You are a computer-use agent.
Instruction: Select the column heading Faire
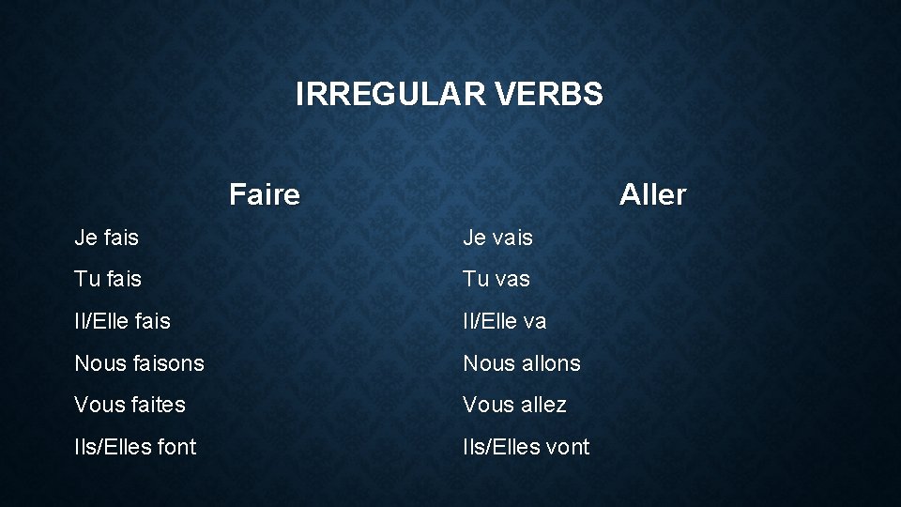(x=265, y=195)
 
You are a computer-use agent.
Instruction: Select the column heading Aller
(x=652, y=195)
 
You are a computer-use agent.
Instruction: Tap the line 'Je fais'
(x=107, y=238)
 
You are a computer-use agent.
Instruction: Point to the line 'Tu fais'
(x=108, y=279)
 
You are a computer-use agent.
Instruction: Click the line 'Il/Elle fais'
(x=123, y=321)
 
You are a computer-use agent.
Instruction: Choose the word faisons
(x=169, y=363)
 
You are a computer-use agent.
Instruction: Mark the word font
(x=176, y=447)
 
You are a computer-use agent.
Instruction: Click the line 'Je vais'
(x=497, y=238)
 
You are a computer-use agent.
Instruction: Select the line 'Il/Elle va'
(x=504, y=321)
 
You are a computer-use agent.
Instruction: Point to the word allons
(x=551, y=363)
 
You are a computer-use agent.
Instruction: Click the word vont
(x=567, y=447)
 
